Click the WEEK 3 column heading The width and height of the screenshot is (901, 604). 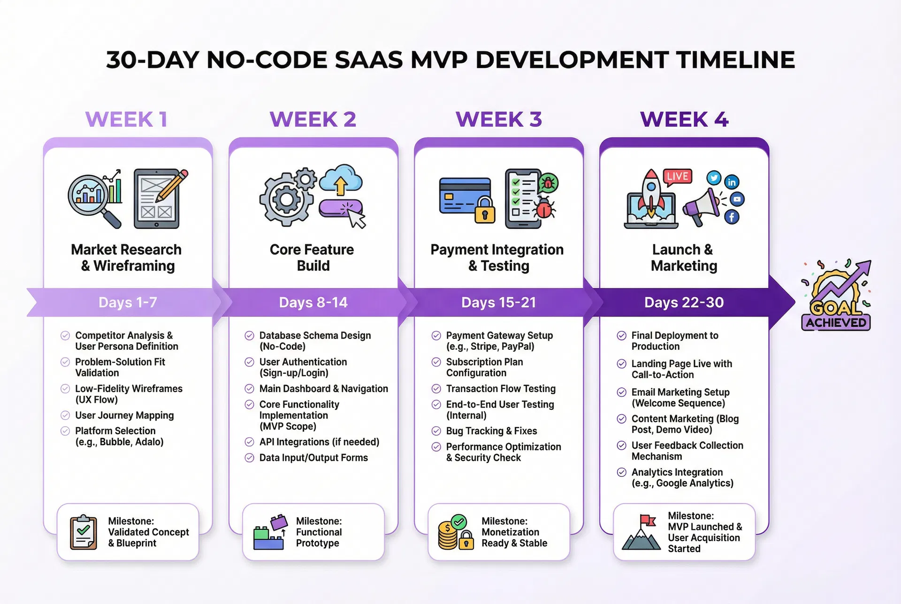coord(499,119)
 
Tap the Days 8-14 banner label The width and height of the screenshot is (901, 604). coord(313,302)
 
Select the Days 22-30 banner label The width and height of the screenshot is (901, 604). coord(684,302)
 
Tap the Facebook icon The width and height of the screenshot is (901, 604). coord(732,217)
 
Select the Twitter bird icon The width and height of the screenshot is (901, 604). coord(714,178)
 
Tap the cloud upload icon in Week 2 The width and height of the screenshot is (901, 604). coord(341,180)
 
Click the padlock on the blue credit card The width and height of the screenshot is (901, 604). coord(485,210)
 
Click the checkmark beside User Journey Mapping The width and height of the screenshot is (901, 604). coord(65,415)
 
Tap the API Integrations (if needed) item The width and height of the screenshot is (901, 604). coord(319,442)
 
